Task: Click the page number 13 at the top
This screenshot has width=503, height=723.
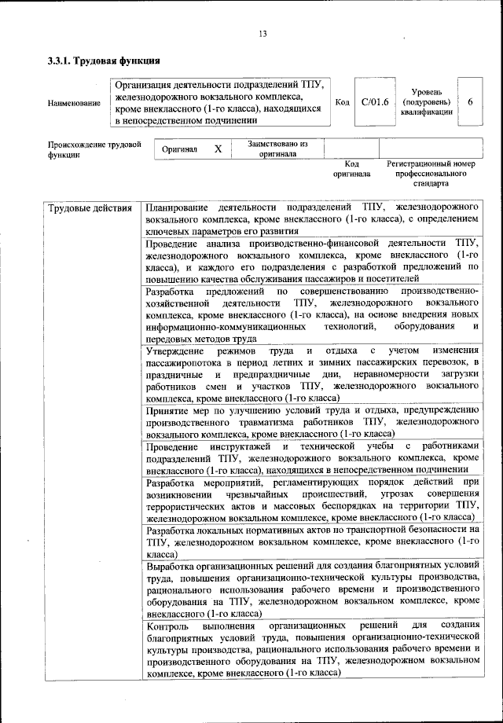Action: point(263,33)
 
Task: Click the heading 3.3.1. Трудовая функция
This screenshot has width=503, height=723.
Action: point(104,61)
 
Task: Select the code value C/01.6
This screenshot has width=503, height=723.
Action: point(375,102)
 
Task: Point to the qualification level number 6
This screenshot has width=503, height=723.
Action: point(470,102)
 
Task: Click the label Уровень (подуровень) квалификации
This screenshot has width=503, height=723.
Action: point(426,102)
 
